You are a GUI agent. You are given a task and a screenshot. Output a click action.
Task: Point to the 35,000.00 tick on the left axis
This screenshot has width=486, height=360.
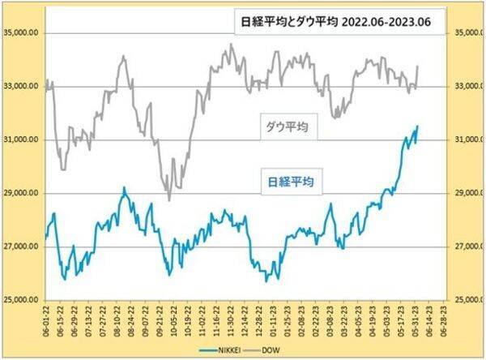pos(23,33)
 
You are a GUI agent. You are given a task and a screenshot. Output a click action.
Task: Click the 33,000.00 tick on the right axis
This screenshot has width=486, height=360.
pos(467,87)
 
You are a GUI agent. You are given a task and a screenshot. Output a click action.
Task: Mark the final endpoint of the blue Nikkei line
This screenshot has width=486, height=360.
pos(417,126)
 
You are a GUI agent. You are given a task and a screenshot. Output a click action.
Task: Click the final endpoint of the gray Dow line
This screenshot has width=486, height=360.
pos(417,66)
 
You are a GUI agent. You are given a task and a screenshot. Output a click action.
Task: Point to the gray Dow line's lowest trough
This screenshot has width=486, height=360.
pos(169,200)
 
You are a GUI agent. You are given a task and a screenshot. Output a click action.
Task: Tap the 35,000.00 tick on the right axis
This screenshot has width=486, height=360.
pos(467,33)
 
